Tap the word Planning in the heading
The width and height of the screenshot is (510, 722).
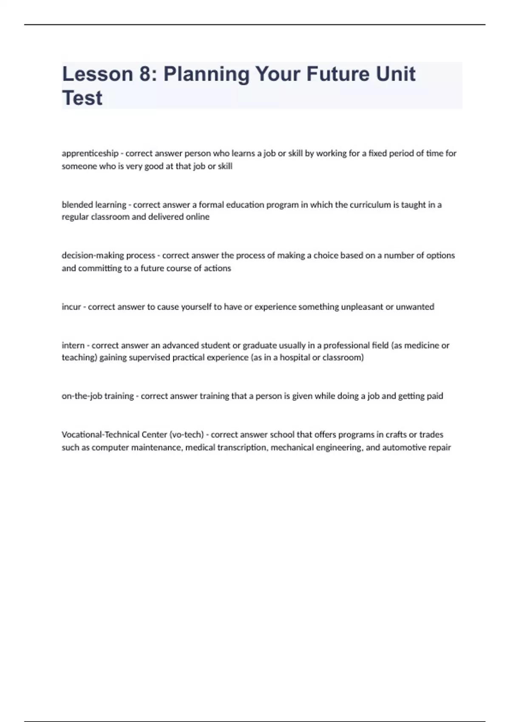point(207,74)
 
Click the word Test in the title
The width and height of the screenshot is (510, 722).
point(82,98)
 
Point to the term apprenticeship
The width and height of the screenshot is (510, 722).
point(90,153)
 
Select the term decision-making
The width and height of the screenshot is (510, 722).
point(93,256)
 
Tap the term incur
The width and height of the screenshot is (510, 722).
point(71,307)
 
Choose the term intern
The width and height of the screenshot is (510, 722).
point(73,345)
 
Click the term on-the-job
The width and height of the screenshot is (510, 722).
point(82,396)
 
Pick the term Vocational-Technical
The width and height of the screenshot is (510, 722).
point(108,434)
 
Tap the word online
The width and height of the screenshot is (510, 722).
point(198,217)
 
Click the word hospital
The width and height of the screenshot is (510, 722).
point(294,357)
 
